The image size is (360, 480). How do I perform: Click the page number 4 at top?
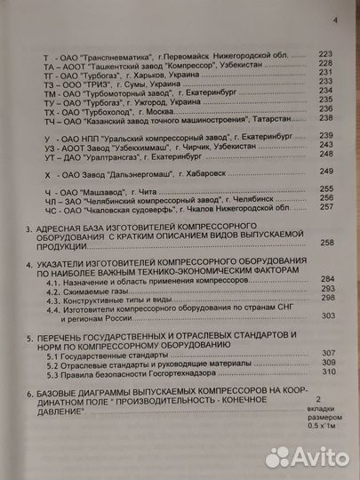click(334, 21)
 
